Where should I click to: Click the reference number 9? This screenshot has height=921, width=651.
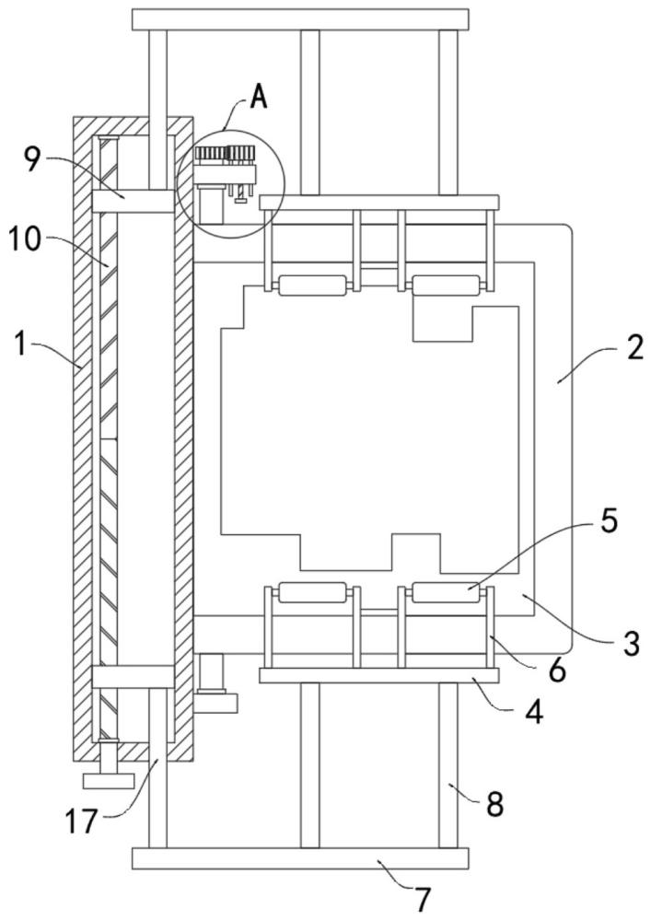click(x=33, y=159)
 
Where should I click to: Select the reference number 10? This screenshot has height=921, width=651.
click(x=25, y=239)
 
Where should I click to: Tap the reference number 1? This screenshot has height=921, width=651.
click(x=20, y=344)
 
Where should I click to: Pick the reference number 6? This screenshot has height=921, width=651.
click(x=556, y=670)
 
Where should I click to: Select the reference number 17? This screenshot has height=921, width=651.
click(x=81, y=822)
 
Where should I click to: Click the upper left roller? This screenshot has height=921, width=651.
click(x=312, y=286)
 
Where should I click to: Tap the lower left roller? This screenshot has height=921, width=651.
click(x=312, y=592)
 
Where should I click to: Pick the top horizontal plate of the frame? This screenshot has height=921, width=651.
click(x=300, y=19)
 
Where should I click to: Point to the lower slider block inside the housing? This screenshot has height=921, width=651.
click(x=134, y=677)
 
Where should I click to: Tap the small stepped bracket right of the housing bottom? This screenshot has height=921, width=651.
click(x=216, y=683)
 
